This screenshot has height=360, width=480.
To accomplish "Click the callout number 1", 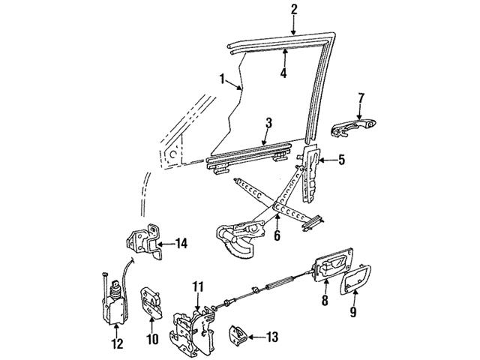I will click(223, 78).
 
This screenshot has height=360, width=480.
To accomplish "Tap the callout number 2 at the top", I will click(294, 10).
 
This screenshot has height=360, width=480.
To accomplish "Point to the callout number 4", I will click(284, 73).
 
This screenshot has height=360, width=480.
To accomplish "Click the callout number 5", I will click(341, 159).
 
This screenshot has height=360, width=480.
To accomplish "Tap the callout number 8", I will click(325, 301).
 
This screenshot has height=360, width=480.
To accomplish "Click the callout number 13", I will click(271, 336).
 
